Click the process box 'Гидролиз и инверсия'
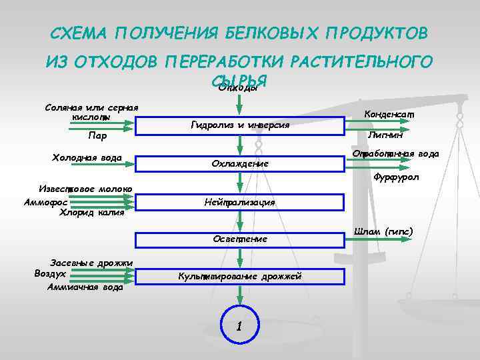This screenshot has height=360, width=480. (x=239, y=125)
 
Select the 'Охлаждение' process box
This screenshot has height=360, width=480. (x=239, y=163)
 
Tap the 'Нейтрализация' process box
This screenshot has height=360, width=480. (x=239, y=201)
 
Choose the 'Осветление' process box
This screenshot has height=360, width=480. (x=239, y=239)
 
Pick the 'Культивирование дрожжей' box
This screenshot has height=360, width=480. (x=239, y=276)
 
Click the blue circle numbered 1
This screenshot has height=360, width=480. (x=239, y=326)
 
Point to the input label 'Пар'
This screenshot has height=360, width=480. (x=97, y=136)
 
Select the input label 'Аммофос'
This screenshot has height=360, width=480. (x=45, y=201)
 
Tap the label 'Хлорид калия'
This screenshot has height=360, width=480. (x=87, y=213)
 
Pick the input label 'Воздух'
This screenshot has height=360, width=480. (x=50, y=273)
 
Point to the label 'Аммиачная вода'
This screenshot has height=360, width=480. (x=85, y=287)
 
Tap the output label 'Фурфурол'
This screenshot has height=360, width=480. (x=395, y=177)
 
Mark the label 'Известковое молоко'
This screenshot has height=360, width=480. (x=84, y=189)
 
